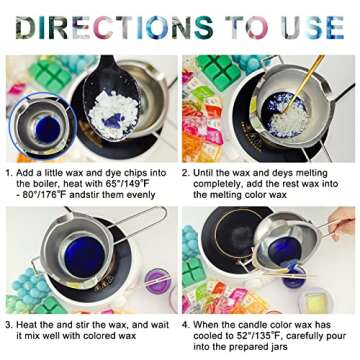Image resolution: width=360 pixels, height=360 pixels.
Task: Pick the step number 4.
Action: pos(186,324)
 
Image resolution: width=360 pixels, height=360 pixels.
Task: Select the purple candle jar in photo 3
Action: pos(157,284)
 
